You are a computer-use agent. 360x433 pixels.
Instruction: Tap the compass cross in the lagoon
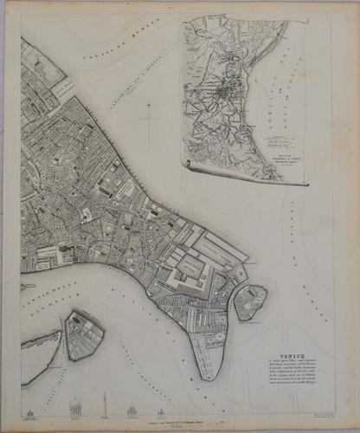[151, 120]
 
